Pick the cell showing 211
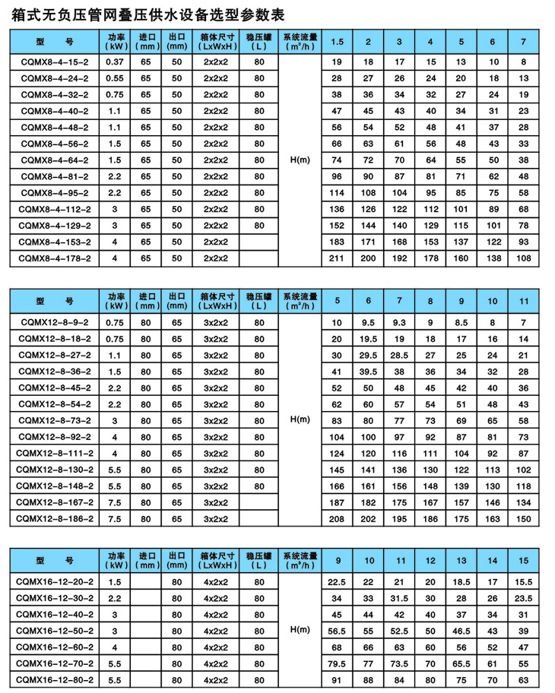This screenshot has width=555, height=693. (x=337, y=258)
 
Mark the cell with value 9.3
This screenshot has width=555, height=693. (x=400, y=323)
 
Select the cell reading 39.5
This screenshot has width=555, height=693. (x=369, y=372)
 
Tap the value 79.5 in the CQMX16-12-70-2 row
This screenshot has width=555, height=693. (x=337, y=663)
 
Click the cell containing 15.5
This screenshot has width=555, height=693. (x=523, y=581)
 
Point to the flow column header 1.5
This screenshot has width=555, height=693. (x=337, y=40)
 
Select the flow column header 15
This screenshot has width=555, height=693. (x=523, y=561)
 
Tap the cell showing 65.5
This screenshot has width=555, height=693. (x=461, y=663)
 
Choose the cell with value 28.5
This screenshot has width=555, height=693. (x=400, y=356)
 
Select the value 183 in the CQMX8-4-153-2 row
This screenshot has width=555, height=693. (x=337, y=242)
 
